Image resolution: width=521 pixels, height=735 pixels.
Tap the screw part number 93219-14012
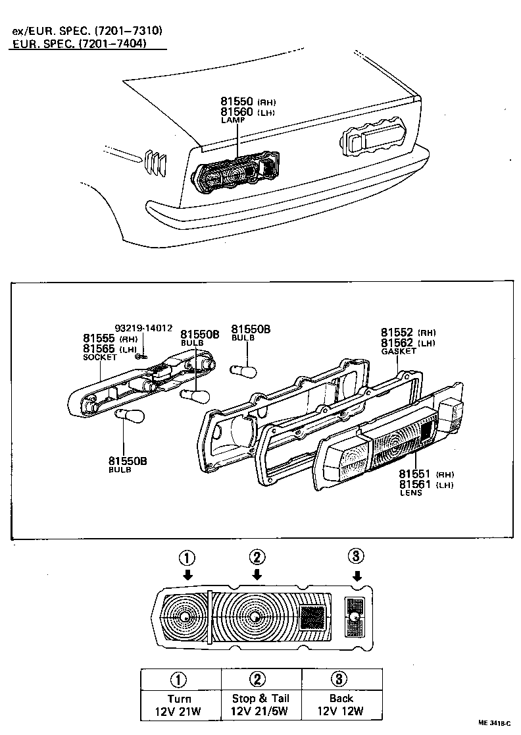click(x=143, y=327)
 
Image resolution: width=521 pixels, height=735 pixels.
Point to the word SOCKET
click(x=99, y=358)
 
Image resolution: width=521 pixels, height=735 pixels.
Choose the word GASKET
click(x=399, y=352)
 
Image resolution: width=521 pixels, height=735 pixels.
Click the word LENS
click(x=411, y=493)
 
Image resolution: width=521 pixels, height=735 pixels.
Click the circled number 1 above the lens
click(x=187, y=558)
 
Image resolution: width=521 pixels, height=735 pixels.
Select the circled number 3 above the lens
click(x=356, y=557)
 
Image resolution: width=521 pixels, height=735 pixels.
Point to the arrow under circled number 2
click(x=257, y=574)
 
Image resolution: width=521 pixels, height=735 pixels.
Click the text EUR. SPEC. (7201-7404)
click(x=79, y=43)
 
